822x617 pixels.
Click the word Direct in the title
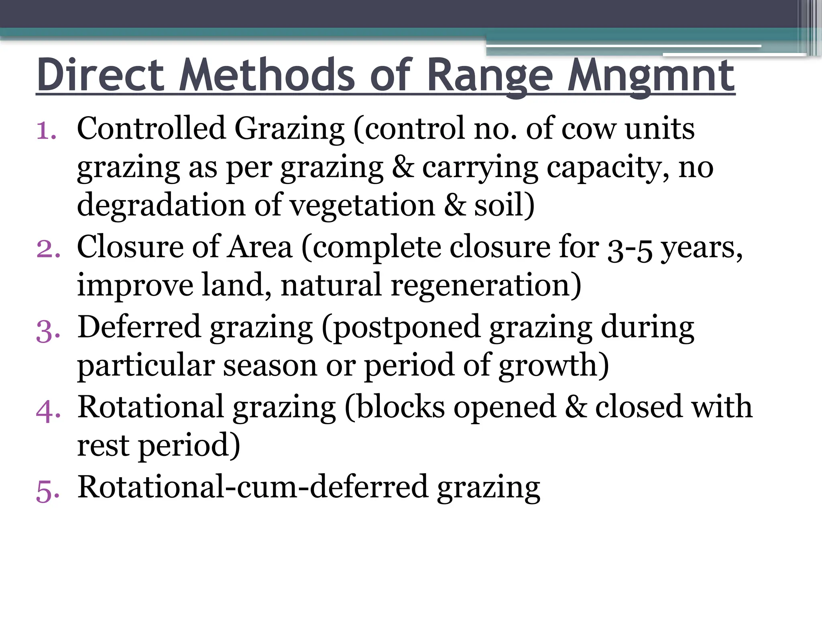click(101, 75)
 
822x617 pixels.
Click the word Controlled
click(151, 129)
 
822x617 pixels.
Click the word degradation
click(161, 205)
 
